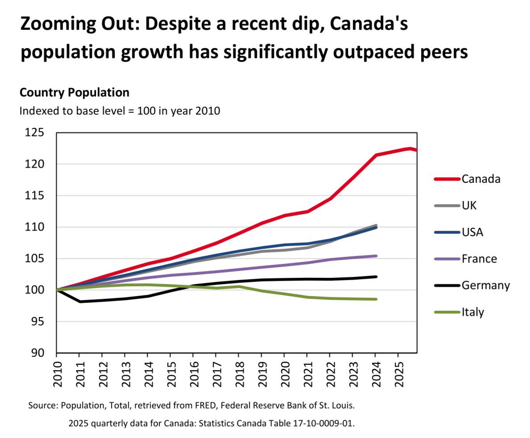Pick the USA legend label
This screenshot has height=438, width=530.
click(472, 232)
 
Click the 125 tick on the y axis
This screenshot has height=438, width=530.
click(35, 133)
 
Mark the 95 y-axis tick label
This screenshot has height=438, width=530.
click(38, 322)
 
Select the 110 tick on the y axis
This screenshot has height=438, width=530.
click(35, 227)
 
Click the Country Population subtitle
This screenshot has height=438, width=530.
click(75, 92)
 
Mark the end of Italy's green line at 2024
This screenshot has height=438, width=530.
click(377, 299)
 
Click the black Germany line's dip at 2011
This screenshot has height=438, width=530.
click(79, 302)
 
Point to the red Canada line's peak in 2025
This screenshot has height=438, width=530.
click(410, 149)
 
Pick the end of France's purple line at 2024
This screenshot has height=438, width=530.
click(377, 256)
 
